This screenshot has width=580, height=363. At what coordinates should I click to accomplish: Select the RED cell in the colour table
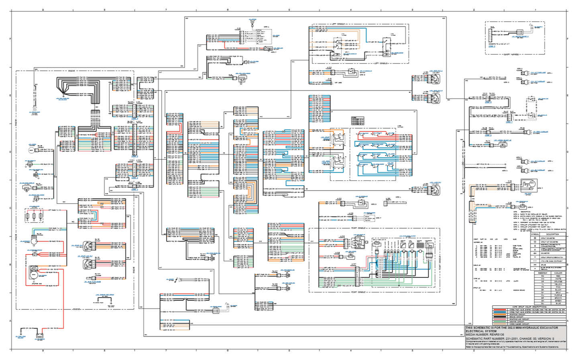(558, 276)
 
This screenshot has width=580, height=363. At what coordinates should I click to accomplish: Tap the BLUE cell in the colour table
(558, 303)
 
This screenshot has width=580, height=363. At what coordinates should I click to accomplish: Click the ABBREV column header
(543, 273)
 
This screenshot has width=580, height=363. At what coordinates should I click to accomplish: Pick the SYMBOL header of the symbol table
(535, 234)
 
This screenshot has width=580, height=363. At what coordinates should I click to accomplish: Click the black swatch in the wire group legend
(500, 317)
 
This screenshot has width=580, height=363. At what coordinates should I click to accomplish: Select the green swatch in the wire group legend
(500, 322)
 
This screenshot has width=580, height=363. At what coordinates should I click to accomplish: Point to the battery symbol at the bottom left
(39, 336)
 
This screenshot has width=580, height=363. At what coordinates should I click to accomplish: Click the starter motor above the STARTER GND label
(34, 275)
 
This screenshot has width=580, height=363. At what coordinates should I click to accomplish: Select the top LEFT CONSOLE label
(338, 24)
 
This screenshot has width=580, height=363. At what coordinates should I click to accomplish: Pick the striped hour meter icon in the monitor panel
(420, 245)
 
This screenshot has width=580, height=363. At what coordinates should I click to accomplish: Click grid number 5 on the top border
(289, 10)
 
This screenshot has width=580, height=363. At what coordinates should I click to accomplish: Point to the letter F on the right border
(567, 39)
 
